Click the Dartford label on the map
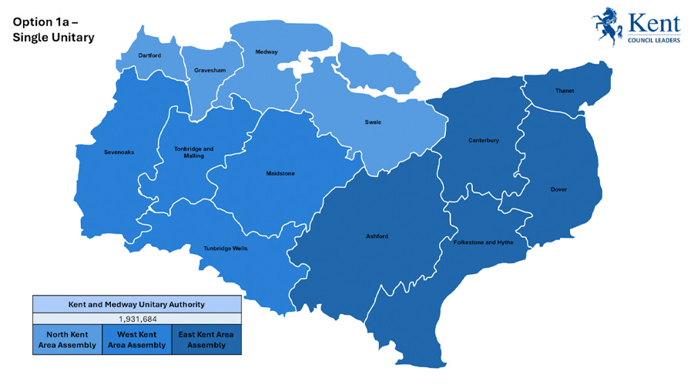pos(149,56)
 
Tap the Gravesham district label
pos(210,70)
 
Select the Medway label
pos(266,52)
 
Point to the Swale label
pos(373,122)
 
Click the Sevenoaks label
pos(119,152)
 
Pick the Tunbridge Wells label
pos(226,248)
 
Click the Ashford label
pos(377,236)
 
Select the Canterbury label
pos(484,141)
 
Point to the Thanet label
pos(565,91)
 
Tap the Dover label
pos(558,189)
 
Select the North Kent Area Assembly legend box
pos(67,339)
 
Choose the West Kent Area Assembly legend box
pos(136,339)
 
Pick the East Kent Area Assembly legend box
pos(206,339)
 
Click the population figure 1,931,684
pos(136,318)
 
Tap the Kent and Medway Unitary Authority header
pos(136,303)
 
